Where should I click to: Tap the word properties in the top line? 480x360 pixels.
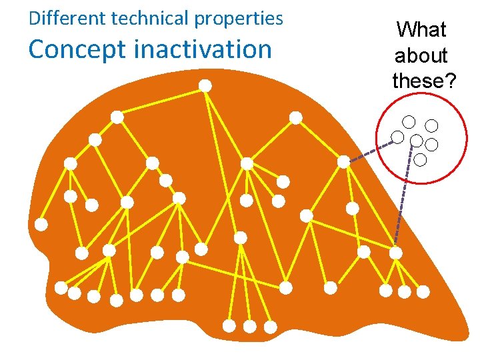239,19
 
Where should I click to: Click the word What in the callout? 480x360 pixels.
421,29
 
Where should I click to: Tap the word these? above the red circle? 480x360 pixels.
424,81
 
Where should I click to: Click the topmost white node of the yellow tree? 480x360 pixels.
206,85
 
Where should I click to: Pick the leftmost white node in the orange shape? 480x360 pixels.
41,225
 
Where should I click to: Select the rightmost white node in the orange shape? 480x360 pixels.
423,291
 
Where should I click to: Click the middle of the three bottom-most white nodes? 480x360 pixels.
249,327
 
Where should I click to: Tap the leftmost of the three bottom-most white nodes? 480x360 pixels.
229,326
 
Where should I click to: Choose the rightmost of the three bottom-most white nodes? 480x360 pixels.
270,327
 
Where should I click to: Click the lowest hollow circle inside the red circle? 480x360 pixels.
420,159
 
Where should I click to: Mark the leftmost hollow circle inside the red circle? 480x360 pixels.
397,137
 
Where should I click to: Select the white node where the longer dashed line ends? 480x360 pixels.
396,253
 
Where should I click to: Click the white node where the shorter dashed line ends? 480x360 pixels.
343,162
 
